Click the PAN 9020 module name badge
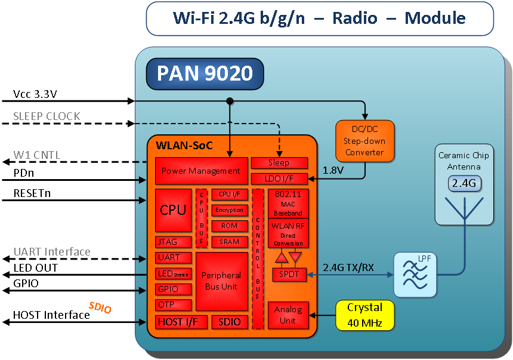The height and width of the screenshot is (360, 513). (x=205, y=73)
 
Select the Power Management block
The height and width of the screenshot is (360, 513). (x=201, y=171)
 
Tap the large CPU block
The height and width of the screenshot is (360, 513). (x=173, y=210)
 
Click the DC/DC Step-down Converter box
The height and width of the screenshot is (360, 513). (x=364, y=141)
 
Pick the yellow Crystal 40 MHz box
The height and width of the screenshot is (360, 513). (x=365, y=315)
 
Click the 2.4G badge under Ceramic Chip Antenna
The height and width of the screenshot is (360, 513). (x=463, y=184)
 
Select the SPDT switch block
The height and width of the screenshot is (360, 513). (x=289, y=275)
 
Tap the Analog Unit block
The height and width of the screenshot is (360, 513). (x=288, y=315)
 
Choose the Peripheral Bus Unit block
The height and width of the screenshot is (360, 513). (x=221, y=281)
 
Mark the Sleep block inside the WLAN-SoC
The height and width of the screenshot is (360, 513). (x=279, y=163)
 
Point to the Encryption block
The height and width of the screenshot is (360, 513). (x=229, y=210)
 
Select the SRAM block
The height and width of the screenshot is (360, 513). (x=229, y=242)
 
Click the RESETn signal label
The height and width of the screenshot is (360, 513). (x=33, y=194)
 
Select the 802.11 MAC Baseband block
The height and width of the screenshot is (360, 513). (x=288, y=204)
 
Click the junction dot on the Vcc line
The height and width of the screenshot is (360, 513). (x=230, y=101)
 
